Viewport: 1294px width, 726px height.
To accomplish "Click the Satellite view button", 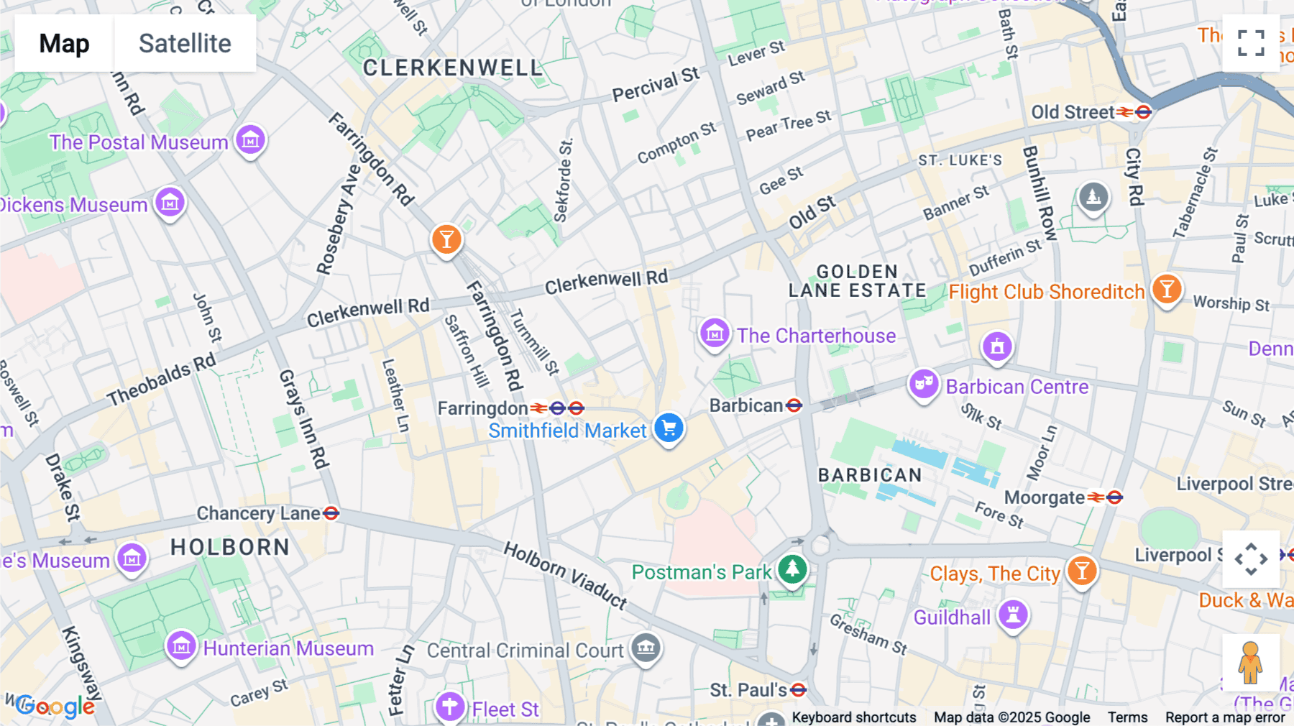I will [x=185, y=43].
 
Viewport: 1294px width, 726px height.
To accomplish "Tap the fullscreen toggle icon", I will [x=1251, y=43].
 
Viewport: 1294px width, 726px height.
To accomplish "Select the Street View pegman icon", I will [x=1250, y=663].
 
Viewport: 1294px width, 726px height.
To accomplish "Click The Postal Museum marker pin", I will [x=250, y=140].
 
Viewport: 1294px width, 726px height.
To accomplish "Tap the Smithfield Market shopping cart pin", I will [x=669, y=428].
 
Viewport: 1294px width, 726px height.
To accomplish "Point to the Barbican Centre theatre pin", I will [x=924, y=385].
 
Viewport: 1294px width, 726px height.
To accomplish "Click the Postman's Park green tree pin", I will [x=792, y=570].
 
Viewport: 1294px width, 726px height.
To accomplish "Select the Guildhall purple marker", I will [x=1013, y=615].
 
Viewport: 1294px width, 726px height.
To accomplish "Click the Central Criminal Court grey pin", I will [x=646, y=648].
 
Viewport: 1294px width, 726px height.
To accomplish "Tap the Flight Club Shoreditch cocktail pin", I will [x=1167, y=290].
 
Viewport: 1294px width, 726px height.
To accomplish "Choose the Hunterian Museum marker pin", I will [x=181, y=647].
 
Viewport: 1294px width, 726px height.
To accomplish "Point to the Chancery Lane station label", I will [x=259, y=513].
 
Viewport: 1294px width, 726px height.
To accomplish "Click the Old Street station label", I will [x=1073, y=112].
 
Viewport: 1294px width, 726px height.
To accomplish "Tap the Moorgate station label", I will [x=1045, y=497].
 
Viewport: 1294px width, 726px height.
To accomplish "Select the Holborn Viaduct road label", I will [x=565, y=575].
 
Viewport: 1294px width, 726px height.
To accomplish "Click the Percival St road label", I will [x=656, y=85].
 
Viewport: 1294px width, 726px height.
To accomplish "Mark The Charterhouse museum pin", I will [x=715, y=334].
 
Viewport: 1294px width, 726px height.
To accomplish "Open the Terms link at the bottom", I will [x=1127, y=717].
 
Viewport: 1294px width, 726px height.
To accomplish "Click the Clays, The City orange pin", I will [x=1081, y=571].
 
